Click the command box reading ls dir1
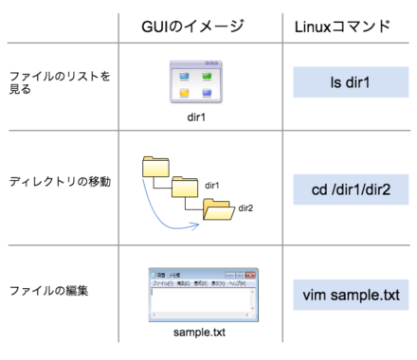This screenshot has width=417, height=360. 351,82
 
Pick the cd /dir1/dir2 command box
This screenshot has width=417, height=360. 351,189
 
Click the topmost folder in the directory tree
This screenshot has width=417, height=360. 154,167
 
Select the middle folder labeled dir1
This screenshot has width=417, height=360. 185,187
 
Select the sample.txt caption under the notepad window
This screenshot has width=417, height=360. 198,333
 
